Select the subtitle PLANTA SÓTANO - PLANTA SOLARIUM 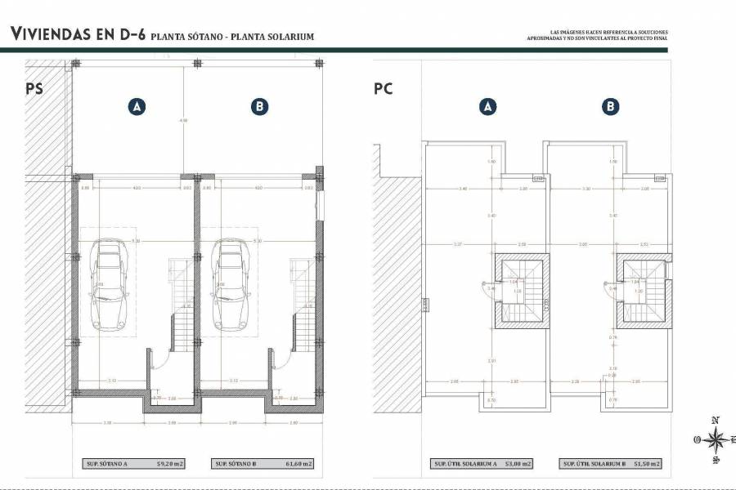(232, 37)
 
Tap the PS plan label (34, 88)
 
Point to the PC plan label (383, 88)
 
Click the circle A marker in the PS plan (137, 106)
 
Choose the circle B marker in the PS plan (258, 106)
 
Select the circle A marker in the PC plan (488, 106)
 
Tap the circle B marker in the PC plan (610, 106)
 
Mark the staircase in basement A (180, 302)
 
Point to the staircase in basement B (302, 302)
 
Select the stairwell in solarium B (641, 290)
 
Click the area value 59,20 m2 (170, 464)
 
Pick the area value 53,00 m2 (517, 464)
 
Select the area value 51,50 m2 (646, 464)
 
